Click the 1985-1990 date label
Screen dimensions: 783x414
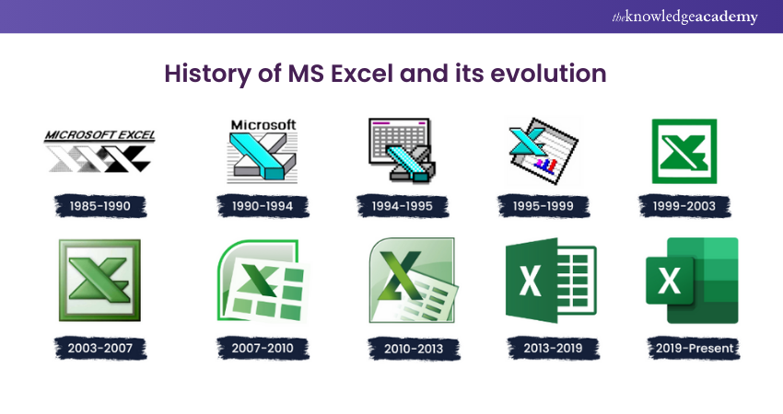click(x=99, y=206)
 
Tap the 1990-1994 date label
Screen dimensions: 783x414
click(x=263, y=206)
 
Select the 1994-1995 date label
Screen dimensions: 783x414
click(x=402, y=206)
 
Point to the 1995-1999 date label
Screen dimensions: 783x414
click(x=543, y=206)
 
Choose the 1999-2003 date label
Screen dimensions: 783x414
click(x=684, y=206)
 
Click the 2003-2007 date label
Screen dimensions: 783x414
click(x=99, y=348)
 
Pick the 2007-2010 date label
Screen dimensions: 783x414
click(x=263, y=348)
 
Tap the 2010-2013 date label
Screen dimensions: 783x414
click(x=414, y=348)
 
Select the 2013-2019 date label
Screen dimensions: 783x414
click(x=553, y=348)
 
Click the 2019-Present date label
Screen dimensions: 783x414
click(x=694, y=348)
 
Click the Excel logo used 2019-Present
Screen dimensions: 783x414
click(x=692, y=281)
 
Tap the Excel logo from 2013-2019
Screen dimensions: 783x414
click(x=551, y=281)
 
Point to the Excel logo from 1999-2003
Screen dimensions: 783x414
click(x=684, y=151)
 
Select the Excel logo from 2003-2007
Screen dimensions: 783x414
click(x=99, y=281)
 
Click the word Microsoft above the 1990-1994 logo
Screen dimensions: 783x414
click(x=263, y=125)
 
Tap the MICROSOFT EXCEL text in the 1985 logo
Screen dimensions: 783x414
click(x=99, y=135)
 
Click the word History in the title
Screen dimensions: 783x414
click(x=208, y=74)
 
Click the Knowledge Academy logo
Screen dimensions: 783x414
click(x=684, y=17)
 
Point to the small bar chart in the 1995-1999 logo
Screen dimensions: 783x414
click(x=545, y=165)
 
